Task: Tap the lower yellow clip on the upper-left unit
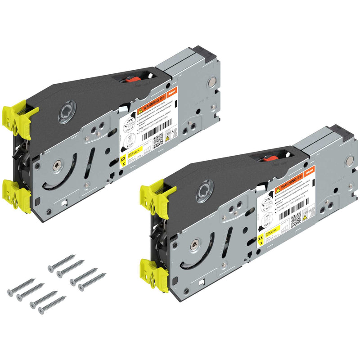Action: pyautogui.click(x=19, y=192)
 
